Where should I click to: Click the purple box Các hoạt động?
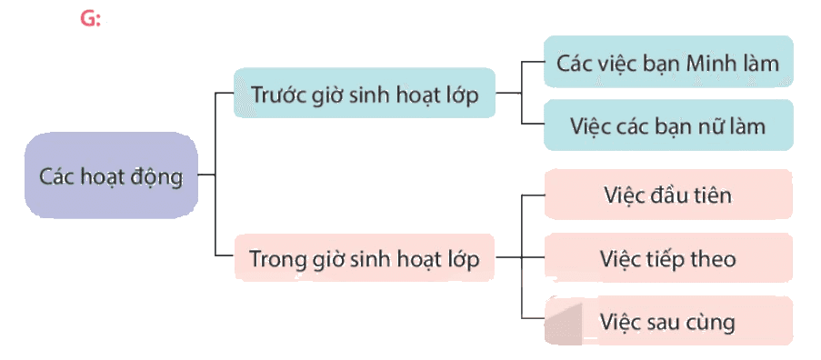coord(111,175)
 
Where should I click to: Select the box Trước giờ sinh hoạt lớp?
coord(365,93)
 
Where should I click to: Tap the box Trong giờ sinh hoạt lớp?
coord(365,257)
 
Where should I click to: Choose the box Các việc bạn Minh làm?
coord(668,61)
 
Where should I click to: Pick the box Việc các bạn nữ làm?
coord(668,125)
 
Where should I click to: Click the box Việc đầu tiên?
coord(668,195)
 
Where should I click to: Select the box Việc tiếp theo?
coord(668,258)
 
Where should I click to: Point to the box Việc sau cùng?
coord(668,321)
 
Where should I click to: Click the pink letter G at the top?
coord(88,18)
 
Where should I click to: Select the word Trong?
coord(275,259)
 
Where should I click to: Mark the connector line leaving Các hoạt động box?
coord(206,175)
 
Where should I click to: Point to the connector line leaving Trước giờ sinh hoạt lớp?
coord(508,93)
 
